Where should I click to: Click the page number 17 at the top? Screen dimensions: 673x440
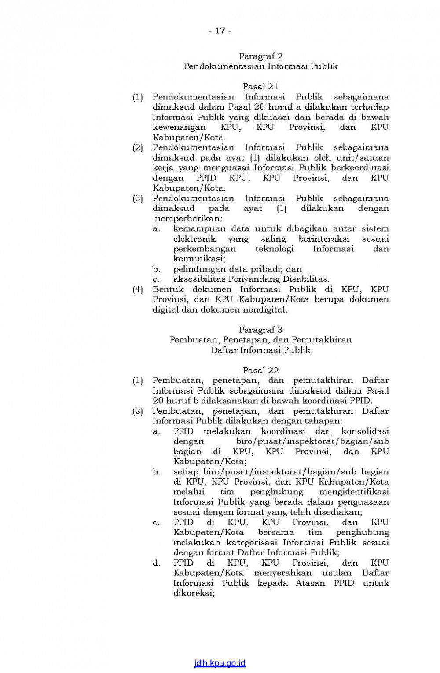220,31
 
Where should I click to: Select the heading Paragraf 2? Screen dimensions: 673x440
260,56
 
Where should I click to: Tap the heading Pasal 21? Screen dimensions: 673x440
260,87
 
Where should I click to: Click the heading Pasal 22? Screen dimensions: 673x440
260,371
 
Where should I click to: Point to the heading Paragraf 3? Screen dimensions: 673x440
260,330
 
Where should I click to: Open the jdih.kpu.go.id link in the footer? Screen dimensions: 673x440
220,663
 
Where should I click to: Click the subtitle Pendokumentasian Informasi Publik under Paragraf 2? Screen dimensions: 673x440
260,66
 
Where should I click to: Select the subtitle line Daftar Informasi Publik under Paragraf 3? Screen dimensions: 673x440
260,350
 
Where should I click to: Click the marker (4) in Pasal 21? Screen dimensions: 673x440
138,290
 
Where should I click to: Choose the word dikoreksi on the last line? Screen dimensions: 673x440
194,593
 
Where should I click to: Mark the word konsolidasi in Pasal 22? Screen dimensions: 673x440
365,431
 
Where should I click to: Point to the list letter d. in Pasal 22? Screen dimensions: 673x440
157,563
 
